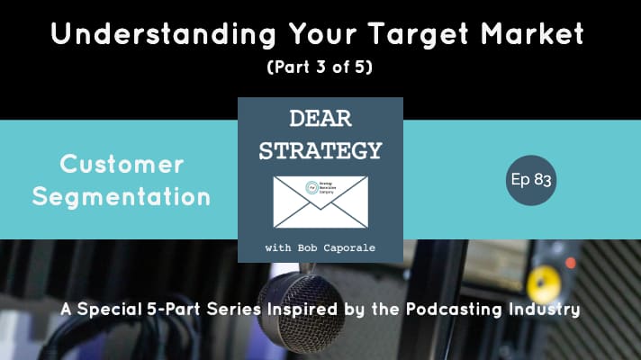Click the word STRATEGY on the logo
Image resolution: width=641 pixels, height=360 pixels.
tap(320, 149)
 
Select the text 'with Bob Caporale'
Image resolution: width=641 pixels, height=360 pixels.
tap(320, 247)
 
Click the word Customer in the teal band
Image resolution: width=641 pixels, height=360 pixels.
tap(122, 165)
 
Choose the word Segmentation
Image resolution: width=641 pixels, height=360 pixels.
tap(122, 195)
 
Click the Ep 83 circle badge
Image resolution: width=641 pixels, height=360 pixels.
tap(530, 180)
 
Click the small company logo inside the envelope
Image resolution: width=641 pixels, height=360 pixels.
tap(311, 189)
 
